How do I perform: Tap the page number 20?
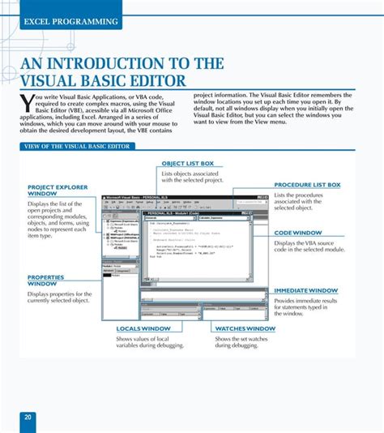(28, 418)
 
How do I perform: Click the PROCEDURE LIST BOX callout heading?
(307, 185)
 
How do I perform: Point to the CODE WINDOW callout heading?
(297, 233)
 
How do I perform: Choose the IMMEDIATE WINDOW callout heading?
(306, 289)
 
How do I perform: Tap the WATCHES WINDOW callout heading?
(245, 328)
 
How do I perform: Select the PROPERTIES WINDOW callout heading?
(46, 281)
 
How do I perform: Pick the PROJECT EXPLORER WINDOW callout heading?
(57, 191)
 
